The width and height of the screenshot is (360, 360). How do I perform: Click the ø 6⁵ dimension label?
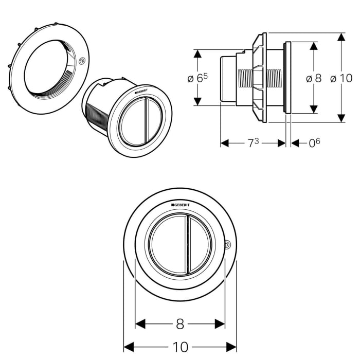[x=197, y=78]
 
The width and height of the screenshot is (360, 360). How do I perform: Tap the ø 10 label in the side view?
[x=341, y=78]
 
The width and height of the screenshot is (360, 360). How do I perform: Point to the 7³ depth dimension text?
[x=253, y=143]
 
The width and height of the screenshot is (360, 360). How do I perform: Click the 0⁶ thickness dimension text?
[x=314, y=143]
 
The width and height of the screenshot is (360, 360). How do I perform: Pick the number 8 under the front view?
[x=179, y=324]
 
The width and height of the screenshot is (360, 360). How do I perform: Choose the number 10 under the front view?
[x=180, y=347]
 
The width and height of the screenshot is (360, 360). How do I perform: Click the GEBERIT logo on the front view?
[x=180, y=205]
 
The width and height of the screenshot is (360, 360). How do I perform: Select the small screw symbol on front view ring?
[x=228, y=244]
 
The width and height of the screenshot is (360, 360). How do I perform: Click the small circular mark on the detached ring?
[x=82, y=60]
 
